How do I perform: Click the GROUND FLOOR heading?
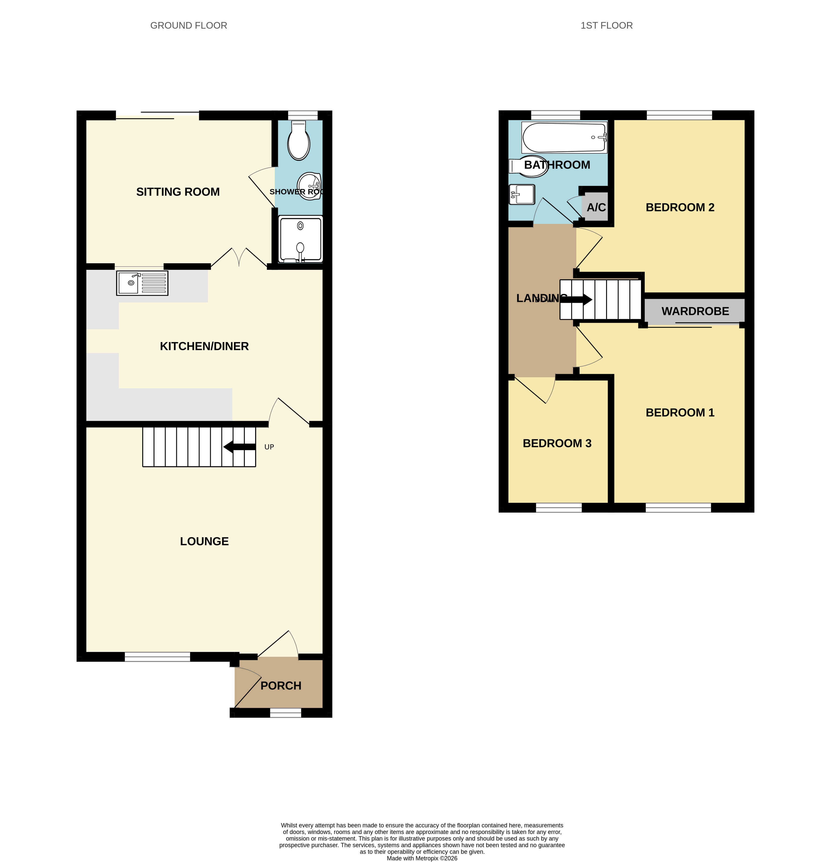[189, 26]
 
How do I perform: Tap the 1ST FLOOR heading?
[607, 26]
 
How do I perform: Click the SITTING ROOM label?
[178, 192]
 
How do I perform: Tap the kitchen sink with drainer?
[142, 283]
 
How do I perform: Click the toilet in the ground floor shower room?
[299, 140]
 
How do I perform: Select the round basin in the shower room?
[309, 186]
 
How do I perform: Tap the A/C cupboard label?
[596, 207]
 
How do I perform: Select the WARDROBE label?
[695, 311]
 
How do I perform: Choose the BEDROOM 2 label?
[680, 207]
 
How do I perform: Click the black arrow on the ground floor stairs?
[239, 447]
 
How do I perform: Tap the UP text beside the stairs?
[269, 447]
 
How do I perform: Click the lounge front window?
[157, 657]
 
